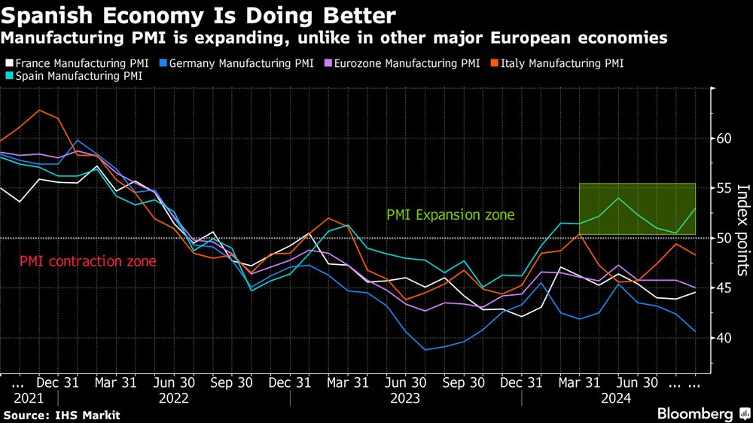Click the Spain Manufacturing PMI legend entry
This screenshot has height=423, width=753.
(76, 75)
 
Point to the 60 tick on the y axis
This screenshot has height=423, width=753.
(724, 138)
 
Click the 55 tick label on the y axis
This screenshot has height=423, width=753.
(724, 188)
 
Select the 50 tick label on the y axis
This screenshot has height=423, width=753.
(724, 238)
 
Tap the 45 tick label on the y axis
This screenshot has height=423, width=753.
(724, 288)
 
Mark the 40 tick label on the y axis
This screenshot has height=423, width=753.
(724, 337)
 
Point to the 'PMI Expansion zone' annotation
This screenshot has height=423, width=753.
(450, 215)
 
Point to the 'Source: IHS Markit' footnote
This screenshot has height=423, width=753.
(62, 415)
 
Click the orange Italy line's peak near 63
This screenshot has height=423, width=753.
(39, 111)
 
